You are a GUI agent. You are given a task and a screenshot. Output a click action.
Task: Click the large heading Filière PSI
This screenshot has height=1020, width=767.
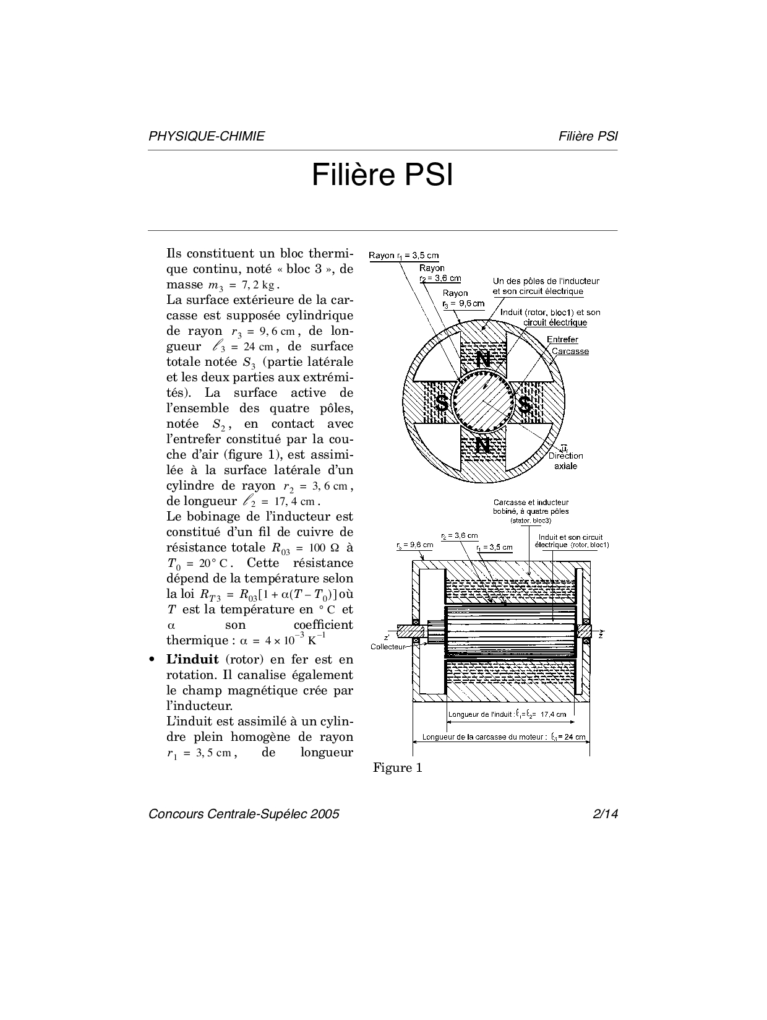click(382, 175)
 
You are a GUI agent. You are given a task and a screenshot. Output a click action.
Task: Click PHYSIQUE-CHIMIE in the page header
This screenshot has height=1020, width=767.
click(207, 136)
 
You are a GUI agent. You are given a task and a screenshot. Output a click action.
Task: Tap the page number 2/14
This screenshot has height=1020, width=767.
click(606, 814)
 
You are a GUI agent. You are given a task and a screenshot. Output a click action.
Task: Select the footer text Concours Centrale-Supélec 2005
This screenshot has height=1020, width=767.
click(244, 814)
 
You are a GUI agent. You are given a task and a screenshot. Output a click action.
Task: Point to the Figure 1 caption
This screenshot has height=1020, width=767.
click(398, 767)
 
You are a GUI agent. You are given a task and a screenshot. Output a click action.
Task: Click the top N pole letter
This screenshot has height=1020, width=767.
click(483, 359)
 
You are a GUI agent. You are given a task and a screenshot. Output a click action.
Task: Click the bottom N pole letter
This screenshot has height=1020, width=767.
click(483, 446)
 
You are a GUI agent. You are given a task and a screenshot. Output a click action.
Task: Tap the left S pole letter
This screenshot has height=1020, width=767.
click(442, 404)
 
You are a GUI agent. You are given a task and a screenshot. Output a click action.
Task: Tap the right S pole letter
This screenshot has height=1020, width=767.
click(525, 404)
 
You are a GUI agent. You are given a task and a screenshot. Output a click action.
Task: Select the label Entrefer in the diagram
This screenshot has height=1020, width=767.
click(562, 340)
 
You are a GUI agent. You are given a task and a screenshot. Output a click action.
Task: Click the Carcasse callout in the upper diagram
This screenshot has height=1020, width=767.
click(570, 352)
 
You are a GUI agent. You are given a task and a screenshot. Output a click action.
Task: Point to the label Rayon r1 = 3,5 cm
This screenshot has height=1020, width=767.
click(403, 256)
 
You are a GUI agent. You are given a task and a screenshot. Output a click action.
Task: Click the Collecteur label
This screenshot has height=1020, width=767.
click(388, 647)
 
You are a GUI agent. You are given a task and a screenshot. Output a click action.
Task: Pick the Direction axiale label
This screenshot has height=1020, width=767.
click(565, 461)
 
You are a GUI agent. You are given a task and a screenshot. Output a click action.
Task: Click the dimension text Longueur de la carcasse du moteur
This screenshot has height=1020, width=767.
click(484, 737)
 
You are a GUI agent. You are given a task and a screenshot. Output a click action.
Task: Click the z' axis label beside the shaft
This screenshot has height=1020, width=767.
click(387, 637)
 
